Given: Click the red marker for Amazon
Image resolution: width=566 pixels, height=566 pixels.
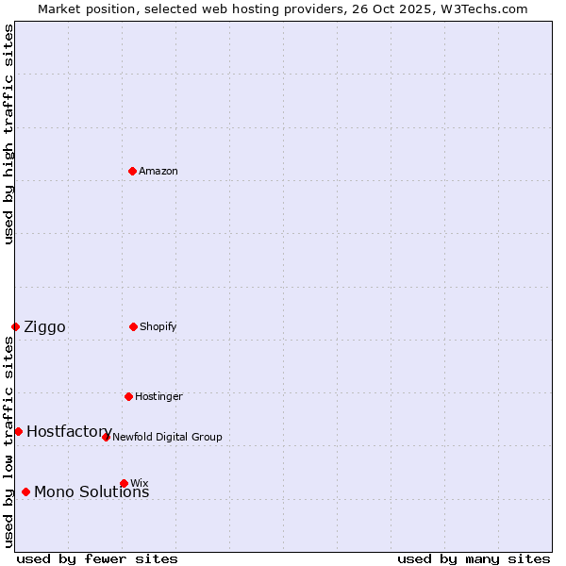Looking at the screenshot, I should pyautogui.click(x=132, y=171).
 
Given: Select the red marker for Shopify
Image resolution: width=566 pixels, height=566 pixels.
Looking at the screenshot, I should pyautogui.click(x=133, y=326).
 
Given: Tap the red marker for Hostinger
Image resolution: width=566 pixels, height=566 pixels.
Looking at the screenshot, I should pyautogui.click(x=128, y=396).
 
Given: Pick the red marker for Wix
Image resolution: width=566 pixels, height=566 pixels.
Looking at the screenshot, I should pyautogui.click(x=124, y=483).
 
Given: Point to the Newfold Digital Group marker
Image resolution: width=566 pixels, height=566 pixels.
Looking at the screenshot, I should pyautogui.click(x=106, y=437).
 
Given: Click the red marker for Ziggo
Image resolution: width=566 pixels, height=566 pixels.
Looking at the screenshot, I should pyautogui.click(x=15, y=326).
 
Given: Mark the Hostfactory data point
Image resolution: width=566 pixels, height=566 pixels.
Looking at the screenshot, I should pyautogui.click(x=18, y=431).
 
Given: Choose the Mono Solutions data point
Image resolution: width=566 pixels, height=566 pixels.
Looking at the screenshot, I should pyautogui.click(x=25, y=491).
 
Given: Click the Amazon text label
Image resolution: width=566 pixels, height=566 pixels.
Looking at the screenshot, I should pyautogui.click(x=158, y=172).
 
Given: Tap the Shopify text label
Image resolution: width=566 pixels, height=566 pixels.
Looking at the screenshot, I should pyautogui.click(x=158, y=327).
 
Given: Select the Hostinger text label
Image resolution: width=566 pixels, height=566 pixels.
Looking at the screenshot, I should pyautogui.click(x=158, y=397).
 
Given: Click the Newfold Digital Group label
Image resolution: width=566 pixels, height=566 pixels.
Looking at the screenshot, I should pyautogui.click(x=167, y=438).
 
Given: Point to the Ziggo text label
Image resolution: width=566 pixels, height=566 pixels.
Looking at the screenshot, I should pyautogui.click(x=44, y=327).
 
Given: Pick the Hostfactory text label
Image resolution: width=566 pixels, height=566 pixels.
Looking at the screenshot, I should pyautogui.click(x=69, y=432).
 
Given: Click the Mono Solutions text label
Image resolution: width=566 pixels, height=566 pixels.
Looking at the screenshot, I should pyautogui.click(x=92, y=492).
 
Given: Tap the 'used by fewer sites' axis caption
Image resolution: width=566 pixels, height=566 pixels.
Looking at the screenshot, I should pyautogui.click(x=97, y=558).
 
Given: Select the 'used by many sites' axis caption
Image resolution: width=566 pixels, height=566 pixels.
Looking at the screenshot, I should pyautogui.click(x=474, y=558).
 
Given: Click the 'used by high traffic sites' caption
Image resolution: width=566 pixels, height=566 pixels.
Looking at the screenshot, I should pyautogui.click(x=8, y=135).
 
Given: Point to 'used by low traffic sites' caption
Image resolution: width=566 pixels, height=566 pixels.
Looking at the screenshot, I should pyautogui.click(x=8, y=441).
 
